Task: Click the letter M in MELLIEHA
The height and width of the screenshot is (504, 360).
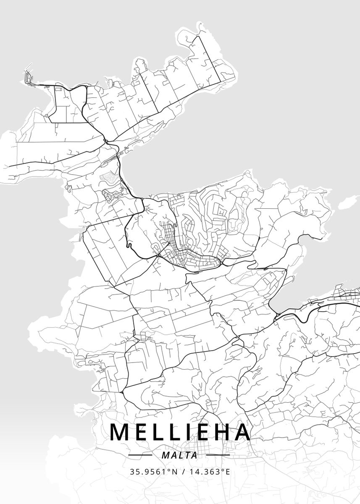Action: point(120,432)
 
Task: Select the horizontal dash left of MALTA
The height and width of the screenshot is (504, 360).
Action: point(140,455)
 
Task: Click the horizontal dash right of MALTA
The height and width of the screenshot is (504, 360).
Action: point(219,455)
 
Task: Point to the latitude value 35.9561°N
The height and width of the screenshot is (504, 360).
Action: point(153,472)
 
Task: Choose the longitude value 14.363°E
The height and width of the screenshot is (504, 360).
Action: point(209,472)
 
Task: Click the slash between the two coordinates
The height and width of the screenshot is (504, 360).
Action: point(183,472)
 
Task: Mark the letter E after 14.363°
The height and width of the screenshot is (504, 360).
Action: point(228,472)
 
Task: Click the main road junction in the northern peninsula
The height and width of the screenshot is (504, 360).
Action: point(106,141)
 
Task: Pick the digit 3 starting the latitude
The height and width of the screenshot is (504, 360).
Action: point(132,472)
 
